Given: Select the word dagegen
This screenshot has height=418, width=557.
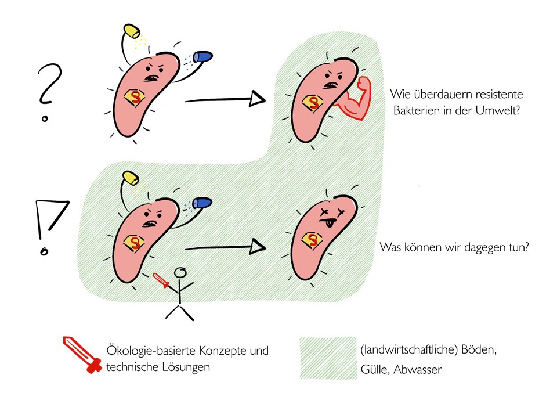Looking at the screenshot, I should (471, 246).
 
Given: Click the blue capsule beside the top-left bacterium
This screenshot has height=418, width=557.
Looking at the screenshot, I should (203, 56).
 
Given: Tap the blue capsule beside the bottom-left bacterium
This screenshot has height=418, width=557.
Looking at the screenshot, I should (203, 203).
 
